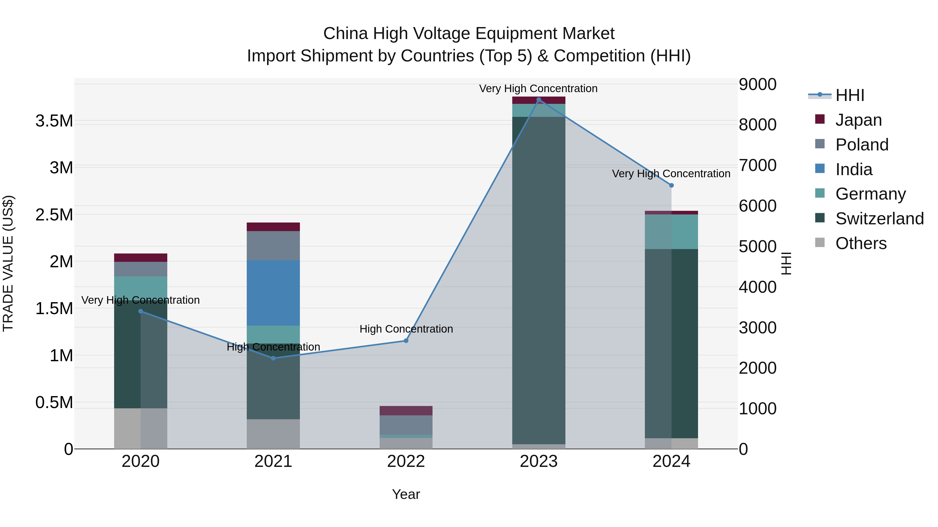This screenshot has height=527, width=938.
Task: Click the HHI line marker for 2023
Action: [539, 100]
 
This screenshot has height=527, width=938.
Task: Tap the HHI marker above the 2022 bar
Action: [406, 341]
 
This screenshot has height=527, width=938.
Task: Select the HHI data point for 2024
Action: [671, 186]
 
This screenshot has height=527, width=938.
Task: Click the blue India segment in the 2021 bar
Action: [273, 293]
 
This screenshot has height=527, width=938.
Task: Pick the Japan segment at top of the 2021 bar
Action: [273, 227]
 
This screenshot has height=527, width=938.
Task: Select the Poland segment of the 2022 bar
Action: [406, 425]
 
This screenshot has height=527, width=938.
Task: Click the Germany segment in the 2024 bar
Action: [671, 232]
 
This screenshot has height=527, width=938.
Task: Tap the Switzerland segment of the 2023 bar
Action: [539, 280]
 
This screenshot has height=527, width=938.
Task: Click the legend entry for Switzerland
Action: [879, 219]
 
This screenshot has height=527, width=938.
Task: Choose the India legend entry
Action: [854, 169]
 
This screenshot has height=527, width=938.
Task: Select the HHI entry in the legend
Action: [849, 95]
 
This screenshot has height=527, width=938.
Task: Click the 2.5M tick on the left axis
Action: [54, 215]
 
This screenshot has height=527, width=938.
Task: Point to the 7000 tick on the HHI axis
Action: [757, 166]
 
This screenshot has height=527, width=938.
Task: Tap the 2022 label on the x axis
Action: [406, 461]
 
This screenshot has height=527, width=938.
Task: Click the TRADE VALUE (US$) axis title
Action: [8, 263]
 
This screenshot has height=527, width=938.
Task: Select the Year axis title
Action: [406, 494]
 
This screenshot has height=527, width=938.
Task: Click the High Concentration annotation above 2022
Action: [406, 329]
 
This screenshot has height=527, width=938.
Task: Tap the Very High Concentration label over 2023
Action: [538, 88]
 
